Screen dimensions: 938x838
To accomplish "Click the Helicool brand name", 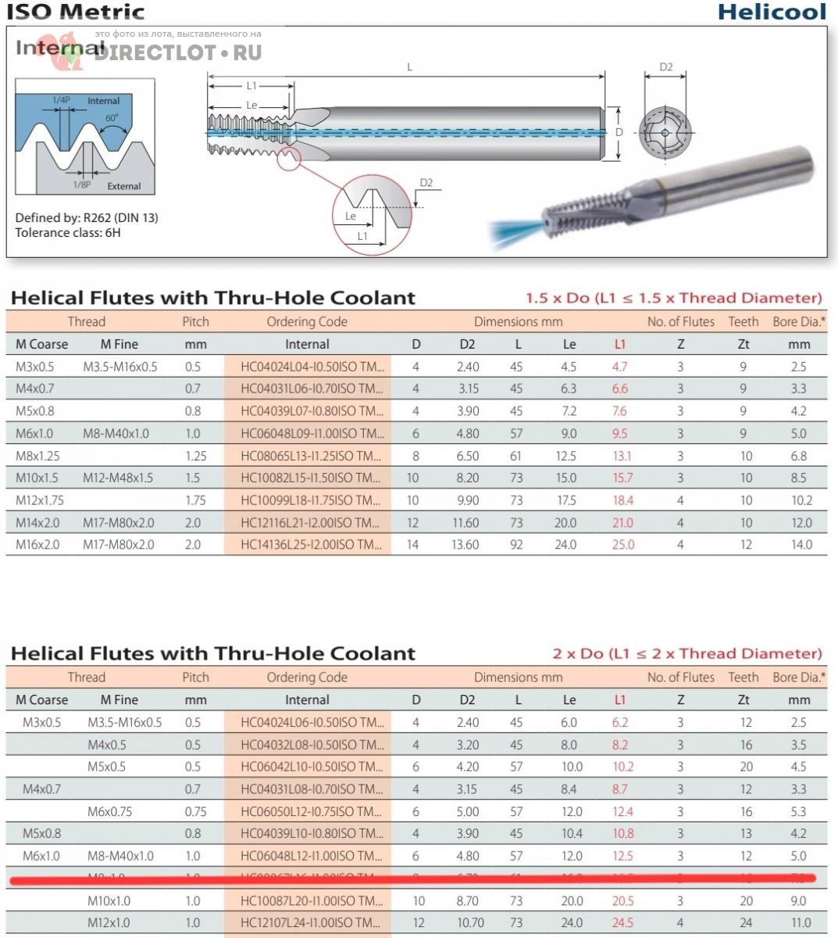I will [771, 12].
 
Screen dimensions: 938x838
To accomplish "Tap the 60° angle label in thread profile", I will [112, 118].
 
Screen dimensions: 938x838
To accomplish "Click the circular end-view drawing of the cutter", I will [665, 133].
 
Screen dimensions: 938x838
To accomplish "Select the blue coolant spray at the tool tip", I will [515, 230].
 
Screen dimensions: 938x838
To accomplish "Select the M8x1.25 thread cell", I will [37, 456].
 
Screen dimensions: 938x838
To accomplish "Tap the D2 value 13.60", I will [465, 545].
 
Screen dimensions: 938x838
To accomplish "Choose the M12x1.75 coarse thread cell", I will [40, 500].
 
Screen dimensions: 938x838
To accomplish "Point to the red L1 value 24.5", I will [622, 922].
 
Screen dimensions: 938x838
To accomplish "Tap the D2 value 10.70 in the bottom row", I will [470, 922].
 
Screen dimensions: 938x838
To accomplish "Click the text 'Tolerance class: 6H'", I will [68, 233].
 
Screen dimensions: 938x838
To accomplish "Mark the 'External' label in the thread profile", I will [124, 186].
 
